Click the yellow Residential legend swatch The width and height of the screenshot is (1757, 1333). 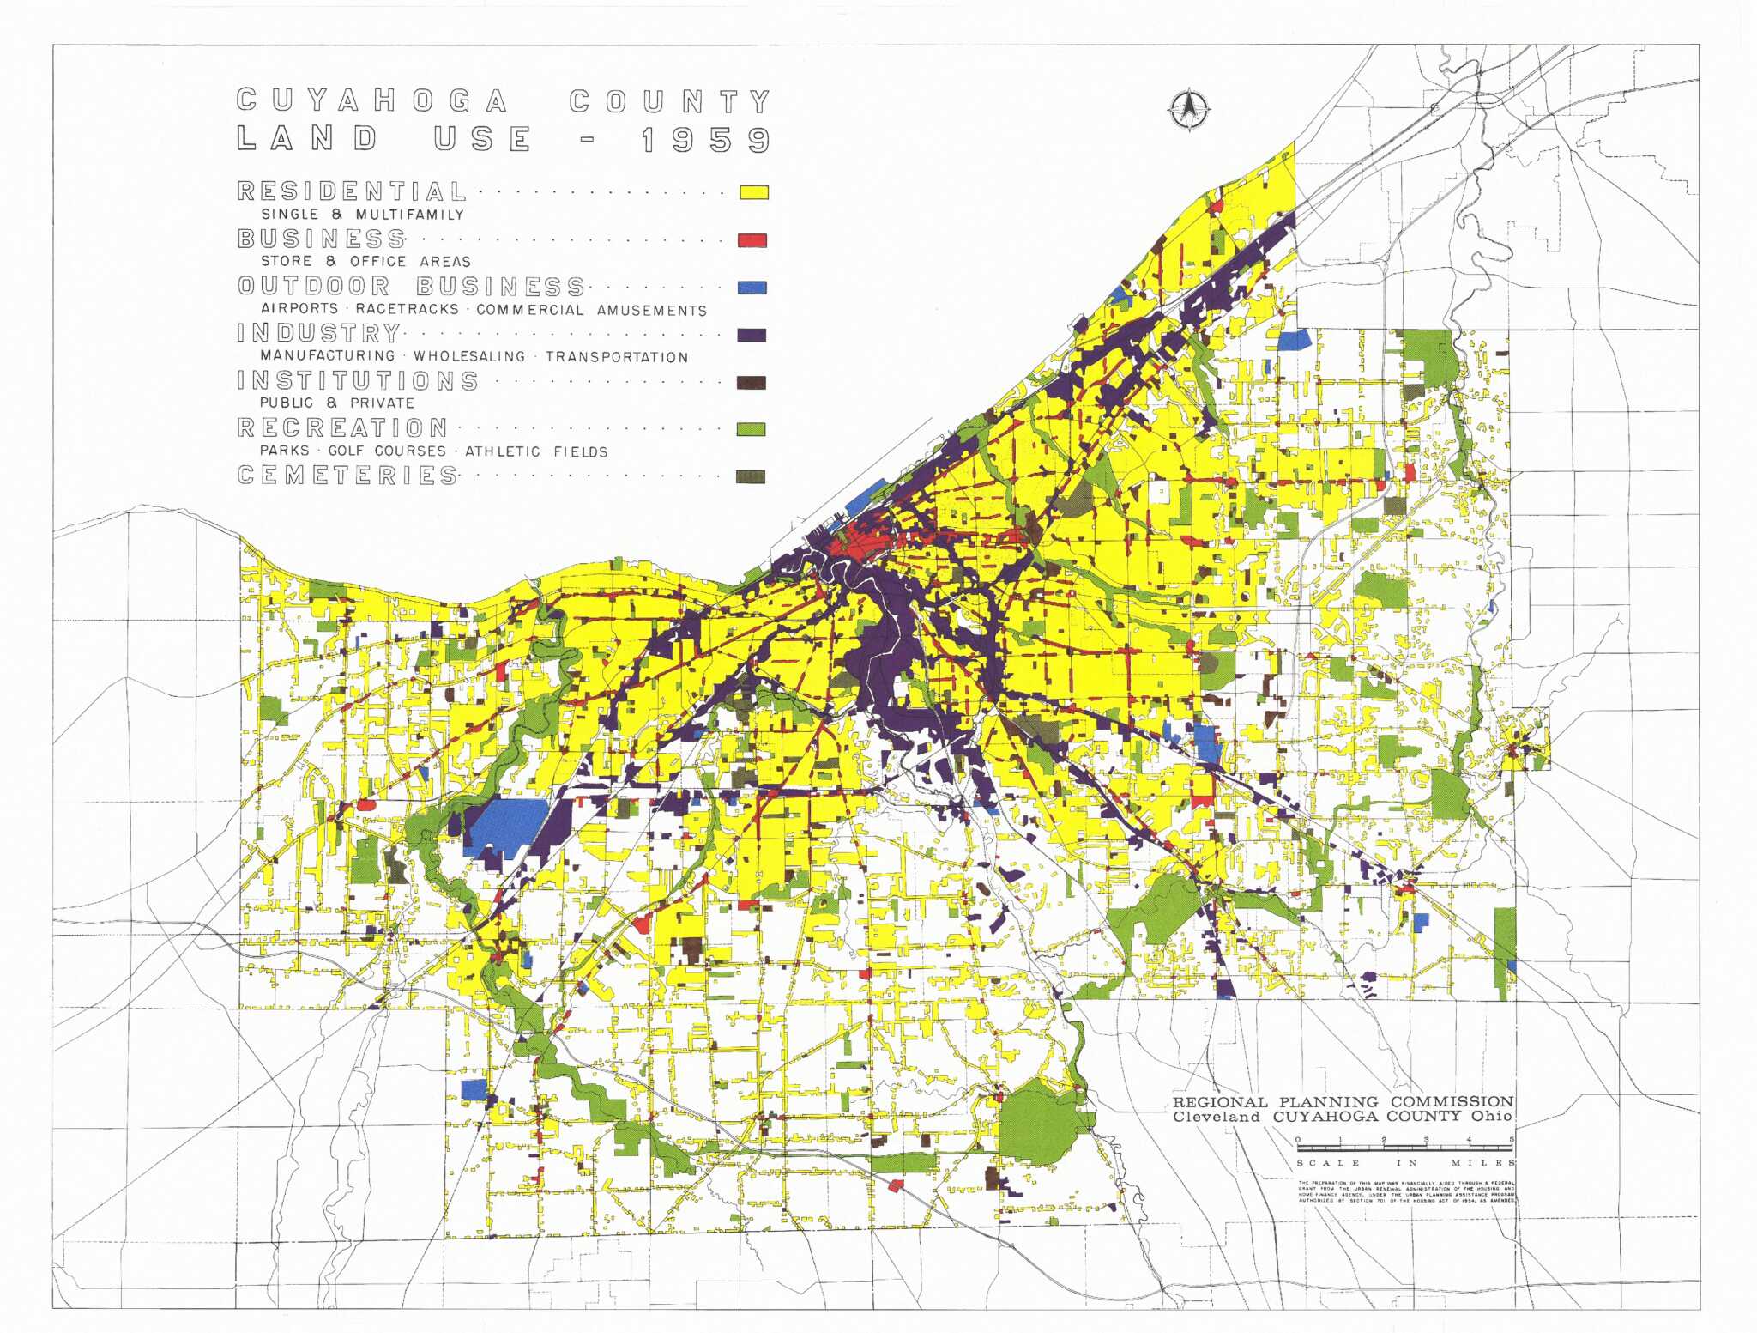click(754, 192)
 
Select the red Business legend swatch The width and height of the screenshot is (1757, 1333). click(752, 240)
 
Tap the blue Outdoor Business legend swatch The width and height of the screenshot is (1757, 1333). click(752, 288)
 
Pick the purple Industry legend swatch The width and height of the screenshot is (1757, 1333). click(752, 335)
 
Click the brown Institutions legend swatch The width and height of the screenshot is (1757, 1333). click(752, 383)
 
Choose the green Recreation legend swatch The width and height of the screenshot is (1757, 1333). click(752, 429)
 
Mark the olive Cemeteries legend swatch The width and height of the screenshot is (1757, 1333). click(752, 476)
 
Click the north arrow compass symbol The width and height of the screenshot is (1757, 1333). click(1189, 111)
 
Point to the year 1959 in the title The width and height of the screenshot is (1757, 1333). click(705, 140)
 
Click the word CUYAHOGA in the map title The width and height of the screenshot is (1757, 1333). click(371, 100)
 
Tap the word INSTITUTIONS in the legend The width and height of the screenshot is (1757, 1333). click(358, 380)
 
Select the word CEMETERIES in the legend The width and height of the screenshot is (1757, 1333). click(347, 475)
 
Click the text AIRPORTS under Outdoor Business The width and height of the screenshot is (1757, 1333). click(299, 309)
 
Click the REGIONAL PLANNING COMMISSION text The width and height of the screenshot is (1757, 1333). click(1343, 1101)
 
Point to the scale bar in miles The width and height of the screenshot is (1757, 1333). click(1404, 1147)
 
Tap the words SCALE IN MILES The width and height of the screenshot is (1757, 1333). click(1405, 1163)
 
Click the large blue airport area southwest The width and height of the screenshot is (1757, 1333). click(508, 824)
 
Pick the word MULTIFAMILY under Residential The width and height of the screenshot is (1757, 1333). click(410, 215)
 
